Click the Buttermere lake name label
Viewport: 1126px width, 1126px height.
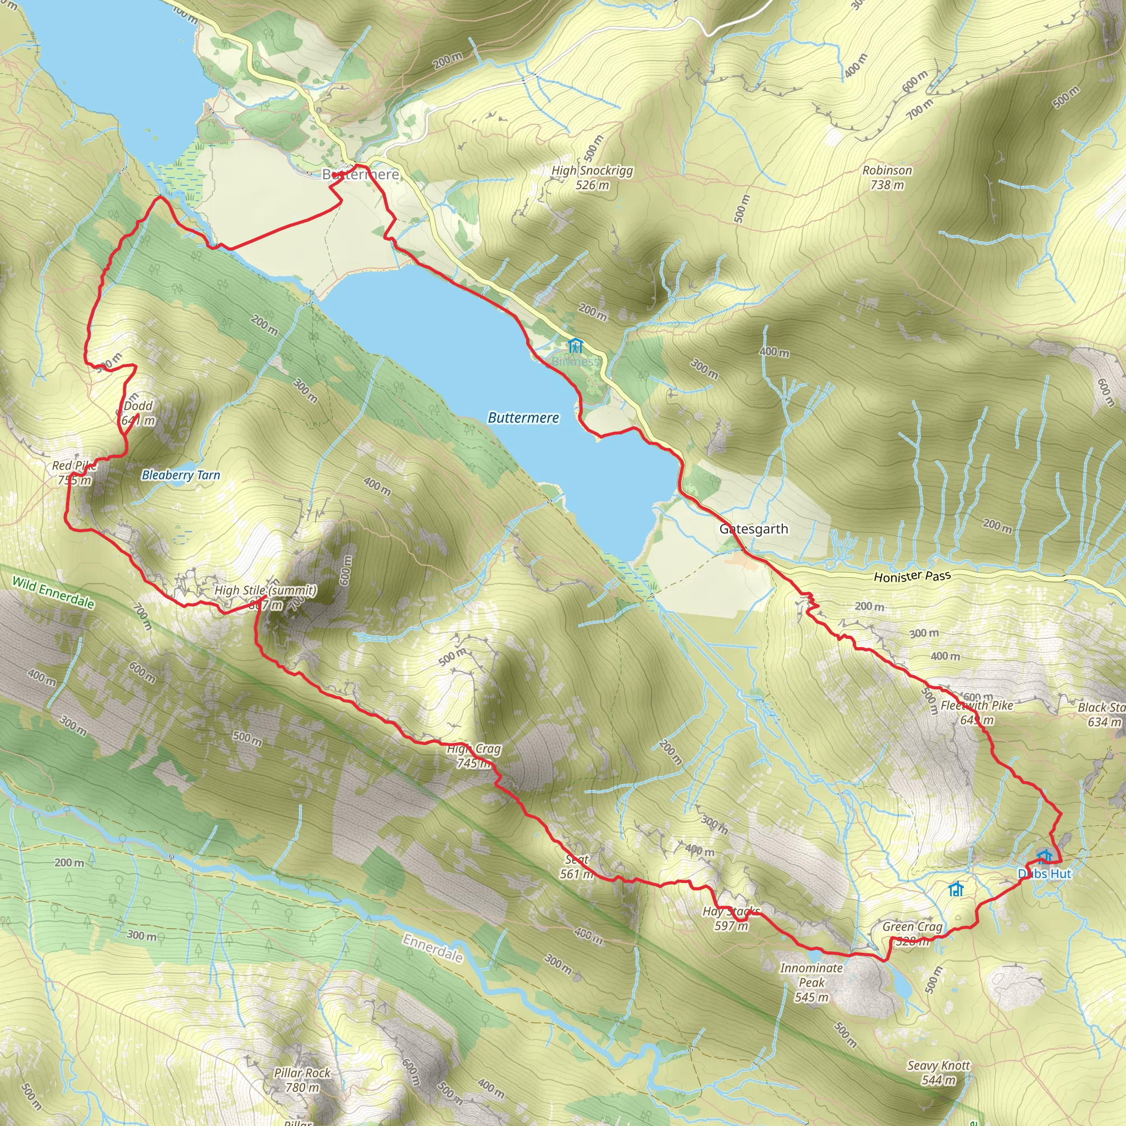[523, 418]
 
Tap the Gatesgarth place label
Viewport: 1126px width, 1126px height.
[753, 529]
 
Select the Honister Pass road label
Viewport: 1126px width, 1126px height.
[912, 576]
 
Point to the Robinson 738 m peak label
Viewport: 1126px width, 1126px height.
[887, 178]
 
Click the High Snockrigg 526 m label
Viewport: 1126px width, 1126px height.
[592, 178]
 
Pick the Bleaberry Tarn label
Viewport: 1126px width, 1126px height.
[181, 475]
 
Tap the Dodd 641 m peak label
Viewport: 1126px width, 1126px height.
[138, 413]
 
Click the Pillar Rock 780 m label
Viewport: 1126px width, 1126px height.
[302, 1080]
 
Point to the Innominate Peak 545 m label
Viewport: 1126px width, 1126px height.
[812, 983]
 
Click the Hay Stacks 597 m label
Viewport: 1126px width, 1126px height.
[731, 919]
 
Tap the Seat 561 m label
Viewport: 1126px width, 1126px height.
[577, 866]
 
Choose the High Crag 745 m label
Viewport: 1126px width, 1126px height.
[473, 756]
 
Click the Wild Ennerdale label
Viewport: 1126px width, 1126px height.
[53, 593]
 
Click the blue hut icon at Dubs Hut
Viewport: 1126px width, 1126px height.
[1045, 856]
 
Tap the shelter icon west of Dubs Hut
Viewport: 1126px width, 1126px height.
[955, 890]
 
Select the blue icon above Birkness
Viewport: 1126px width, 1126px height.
[575, 346]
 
